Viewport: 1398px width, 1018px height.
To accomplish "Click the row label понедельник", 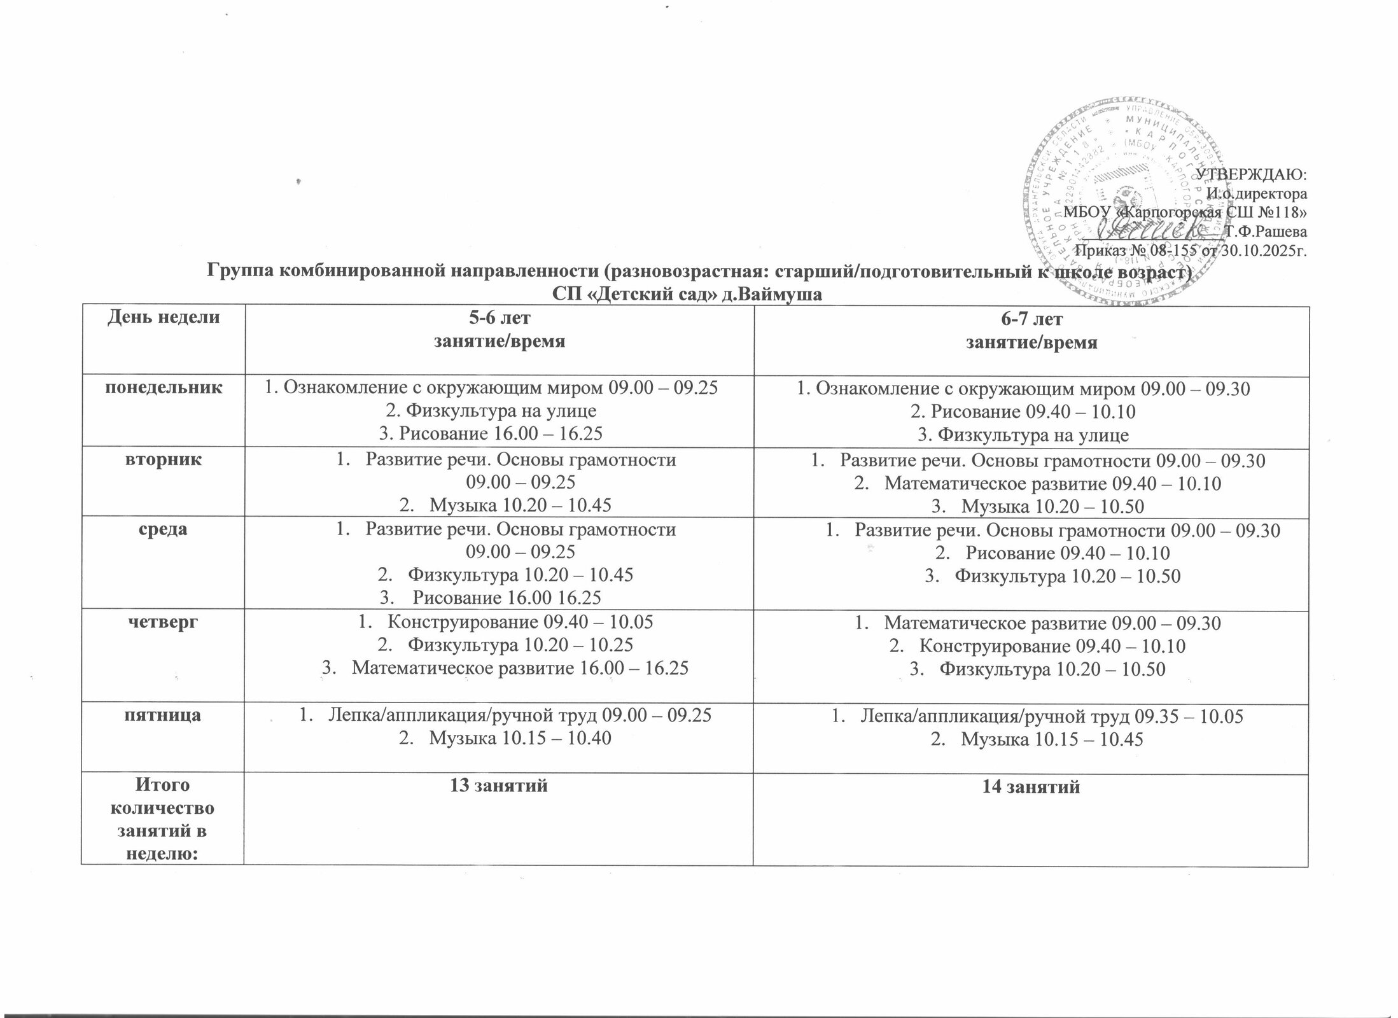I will coord(164,387).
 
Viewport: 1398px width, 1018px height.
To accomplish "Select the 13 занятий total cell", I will coord(499,786).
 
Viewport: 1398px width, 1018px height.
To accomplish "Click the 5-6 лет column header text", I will coord(499,317).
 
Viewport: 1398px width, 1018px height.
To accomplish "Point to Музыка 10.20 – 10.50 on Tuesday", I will coord(1052,506).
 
